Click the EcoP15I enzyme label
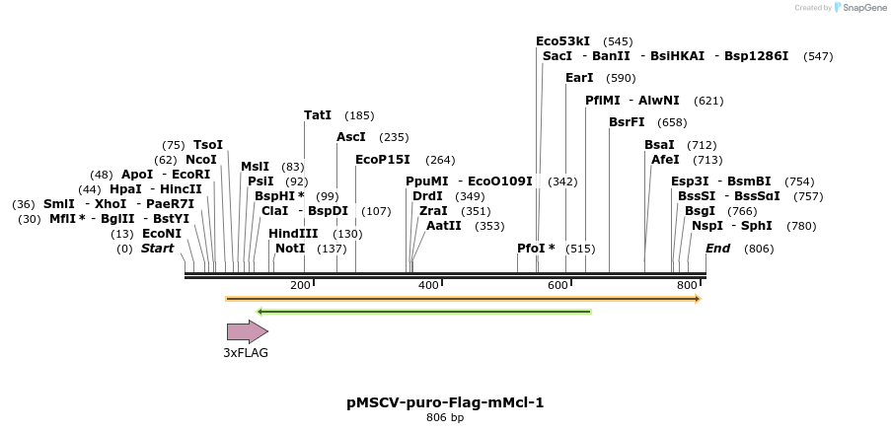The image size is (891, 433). click(383, 160)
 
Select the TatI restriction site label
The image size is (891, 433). click(318, 115)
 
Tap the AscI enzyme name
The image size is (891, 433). click(351, 137)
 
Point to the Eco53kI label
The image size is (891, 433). click(562, 41)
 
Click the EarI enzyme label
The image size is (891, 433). click(579, 78)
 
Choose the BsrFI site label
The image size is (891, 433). click(627, 122)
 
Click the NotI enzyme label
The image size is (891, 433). click(290, 249)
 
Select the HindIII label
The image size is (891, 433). click(293, 234)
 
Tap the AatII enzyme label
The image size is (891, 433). click(444, 226)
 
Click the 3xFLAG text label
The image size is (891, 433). click(246, 352)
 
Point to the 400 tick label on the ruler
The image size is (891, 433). click(429, 286)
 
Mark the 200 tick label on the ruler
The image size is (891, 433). click(300, 286)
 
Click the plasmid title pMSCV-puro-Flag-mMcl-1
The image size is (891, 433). click(445, 402)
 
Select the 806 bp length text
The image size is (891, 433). click(445, 418)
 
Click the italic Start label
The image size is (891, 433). click(157, 249)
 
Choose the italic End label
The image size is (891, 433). click(717, 249)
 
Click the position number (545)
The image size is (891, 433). click(618, 41)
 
